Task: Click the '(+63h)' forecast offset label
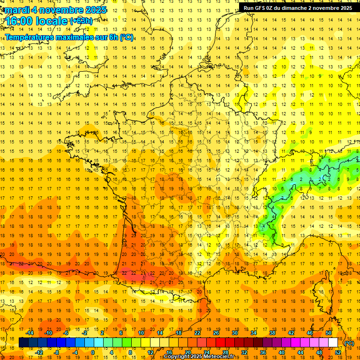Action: pyautogui.click(x=81, y=21)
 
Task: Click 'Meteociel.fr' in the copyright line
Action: pyautogui.click(x=218, y=357)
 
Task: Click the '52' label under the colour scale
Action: pyautogui.click(x=338, y=352)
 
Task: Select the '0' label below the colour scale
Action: pyautogui.click(x=93, y=352)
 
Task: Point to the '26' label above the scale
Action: pyautogui.click(x=216, y=333)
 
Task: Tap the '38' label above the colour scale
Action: pyautogui.click(x=272, y=333)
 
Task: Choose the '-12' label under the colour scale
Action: pyautogui.click(x=39, y=352)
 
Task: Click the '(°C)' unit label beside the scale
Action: pyautogui.click(x=349, y=343)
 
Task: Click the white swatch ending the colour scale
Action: pyautogui.click(x=333, y=343)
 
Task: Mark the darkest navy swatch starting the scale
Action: pyautogui.click(x=23, y=343)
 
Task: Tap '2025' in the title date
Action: pyautogui.click(x=95, y=10)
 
